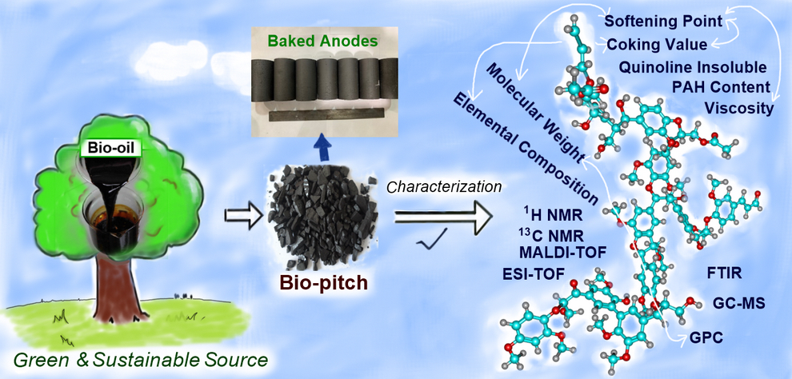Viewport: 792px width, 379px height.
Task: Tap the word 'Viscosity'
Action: (x=738, y=107)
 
